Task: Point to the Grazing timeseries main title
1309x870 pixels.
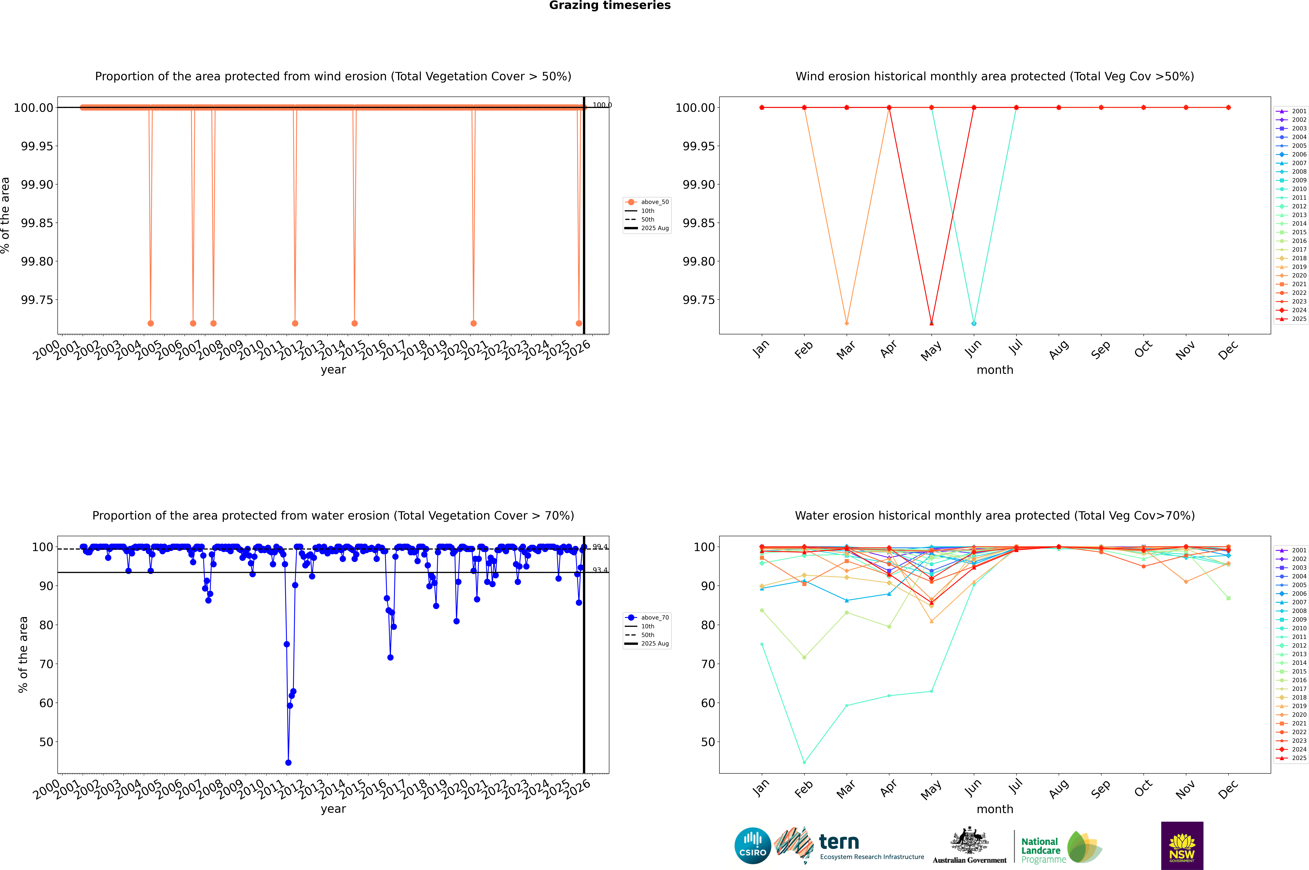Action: [x=610, y=6]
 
